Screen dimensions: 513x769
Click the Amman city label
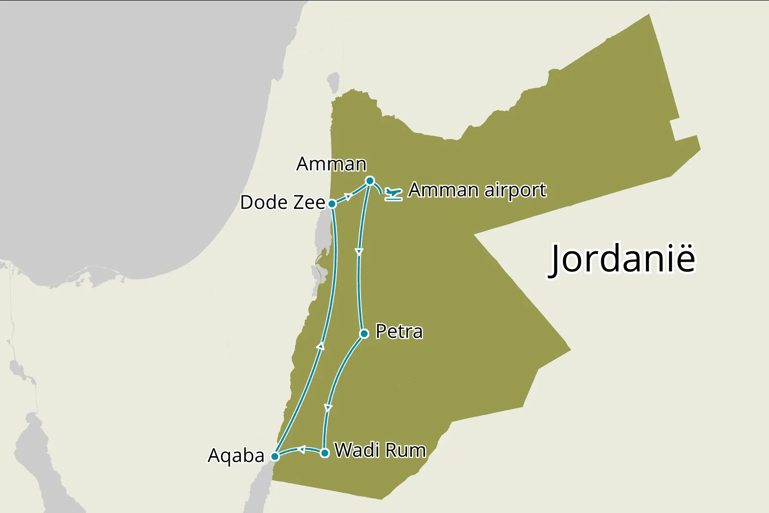click(x=331, y=164)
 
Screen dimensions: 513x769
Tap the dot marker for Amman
click(x=370, y=181)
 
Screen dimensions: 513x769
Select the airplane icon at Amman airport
click(x=393, y=194)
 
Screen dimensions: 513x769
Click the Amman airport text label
click(x=477, y=190)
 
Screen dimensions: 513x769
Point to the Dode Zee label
click(x=283, y=203)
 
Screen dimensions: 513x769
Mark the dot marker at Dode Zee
click(x=332, y=204)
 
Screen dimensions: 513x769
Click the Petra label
click(x=399, y=332)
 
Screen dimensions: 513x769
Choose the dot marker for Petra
click(x=364, y=333)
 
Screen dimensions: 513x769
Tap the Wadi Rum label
click(x=380, y=450)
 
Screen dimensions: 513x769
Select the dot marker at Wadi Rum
click(x=325, y=453)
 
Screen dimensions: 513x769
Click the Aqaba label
click(x=236, y=455)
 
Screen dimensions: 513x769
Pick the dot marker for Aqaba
click(x=275, y=456)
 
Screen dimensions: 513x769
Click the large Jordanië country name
click(x=622, y=259)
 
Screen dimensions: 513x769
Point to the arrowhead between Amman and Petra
click(x=359, y=252)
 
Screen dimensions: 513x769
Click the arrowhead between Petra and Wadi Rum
click(x=328, y=408)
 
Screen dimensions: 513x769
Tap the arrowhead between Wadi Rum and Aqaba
click(x=301, y=450)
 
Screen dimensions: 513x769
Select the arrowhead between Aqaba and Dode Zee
click(x=321, y=346)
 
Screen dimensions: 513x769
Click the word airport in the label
click(x=515, y=191)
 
